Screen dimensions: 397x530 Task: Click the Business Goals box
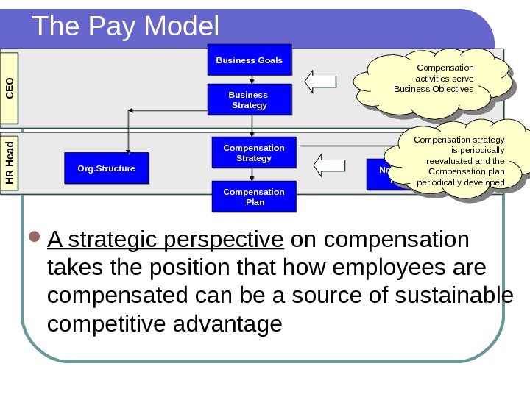(x=249, y=60)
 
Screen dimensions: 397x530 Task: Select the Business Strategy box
(x=249, y=100)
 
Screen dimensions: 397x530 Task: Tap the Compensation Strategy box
(x=253, y=153)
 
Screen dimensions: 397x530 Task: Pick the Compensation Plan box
(x=253, y=197)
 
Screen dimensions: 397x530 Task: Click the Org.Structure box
(x=106, y=168)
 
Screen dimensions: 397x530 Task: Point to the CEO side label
(x=10, y=87)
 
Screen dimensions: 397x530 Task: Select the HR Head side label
(x=10, y=164)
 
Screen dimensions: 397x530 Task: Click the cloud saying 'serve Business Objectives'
(x=434, y=82)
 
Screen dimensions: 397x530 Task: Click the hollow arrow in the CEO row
(x=320, y=82)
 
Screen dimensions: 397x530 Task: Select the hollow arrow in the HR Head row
(x=331, y=162)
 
